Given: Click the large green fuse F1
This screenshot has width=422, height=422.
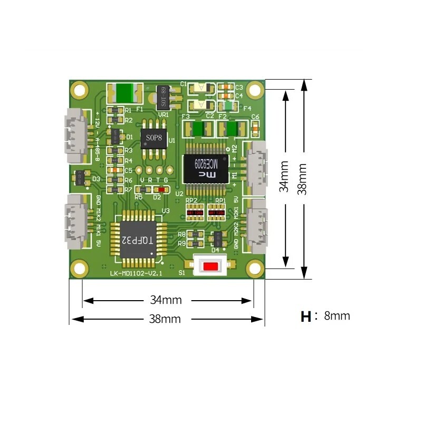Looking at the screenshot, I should pyautogui.click(x=125, y=93).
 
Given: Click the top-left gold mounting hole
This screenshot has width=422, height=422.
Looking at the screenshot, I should pyautogui.click(x=79, y=89).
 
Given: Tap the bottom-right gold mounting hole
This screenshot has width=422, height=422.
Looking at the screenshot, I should pyautogui.click(x=255, y=268).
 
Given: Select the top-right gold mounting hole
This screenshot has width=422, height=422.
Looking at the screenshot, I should pyautogui.click(x=255, y=89).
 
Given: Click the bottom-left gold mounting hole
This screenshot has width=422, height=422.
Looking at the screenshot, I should pyautogui.click(x=79, y=268).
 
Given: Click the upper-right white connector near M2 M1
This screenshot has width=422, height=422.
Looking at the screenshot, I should pyautogui.click(x=258, y=167).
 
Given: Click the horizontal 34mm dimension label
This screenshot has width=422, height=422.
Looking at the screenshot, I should pyautogui.click(x=166, y=300).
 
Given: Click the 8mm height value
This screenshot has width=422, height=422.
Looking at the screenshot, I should pyautogui.click(x=337, y=316).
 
